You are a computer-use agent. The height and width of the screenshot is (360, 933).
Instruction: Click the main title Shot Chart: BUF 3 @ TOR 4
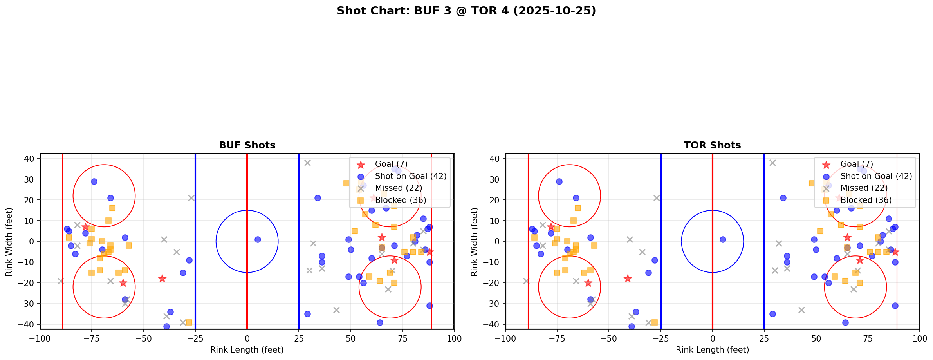[466, 11]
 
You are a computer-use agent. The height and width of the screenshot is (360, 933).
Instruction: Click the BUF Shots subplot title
[247, 145]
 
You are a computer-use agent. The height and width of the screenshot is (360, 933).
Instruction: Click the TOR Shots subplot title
[712, 145]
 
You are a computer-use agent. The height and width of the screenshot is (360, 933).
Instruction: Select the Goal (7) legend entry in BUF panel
[391, 164]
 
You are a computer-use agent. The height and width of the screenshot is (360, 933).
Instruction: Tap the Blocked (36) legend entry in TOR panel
[866, 200]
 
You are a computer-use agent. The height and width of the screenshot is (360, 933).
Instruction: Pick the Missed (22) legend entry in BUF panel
[398, 188]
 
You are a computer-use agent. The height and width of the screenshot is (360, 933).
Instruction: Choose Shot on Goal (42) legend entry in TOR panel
[876, 176]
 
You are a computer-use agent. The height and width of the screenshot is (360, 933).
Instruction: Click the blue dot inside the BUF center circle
[258, 239]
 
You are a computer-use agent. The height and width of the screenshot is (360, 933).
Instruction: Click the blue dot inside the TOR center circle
[723, 239]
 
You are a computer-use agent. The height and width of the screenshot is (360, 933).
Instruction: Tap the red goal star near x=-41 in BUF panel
[162, 279]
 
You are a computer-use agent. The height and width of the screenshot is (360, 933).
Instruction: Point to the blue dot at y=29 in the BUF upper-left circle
[94, 181]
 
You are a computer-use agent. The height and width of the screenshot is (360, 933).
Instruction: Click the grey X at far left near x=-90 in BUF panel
[61, 281]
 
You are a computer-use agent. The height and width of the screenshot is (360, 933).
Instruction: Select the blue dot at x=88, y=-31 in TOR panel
[895, 306]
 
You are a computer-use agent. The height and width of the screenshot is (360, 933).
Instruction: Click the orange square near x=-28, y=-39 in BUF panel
[189, 322]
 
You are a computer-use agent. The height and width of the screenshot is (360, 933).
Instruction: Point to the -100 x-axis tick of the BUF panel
[40, 338]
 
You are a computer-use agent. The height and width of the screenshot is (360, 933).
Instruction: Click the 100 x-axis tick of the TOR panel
[919, 338]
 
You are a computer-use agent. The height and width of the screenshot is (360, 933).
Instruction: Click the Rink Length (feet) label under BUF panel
[247, 350]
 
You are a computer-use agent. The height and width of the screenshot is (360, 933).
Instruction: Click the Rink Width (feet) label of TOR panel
[475, 242]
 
